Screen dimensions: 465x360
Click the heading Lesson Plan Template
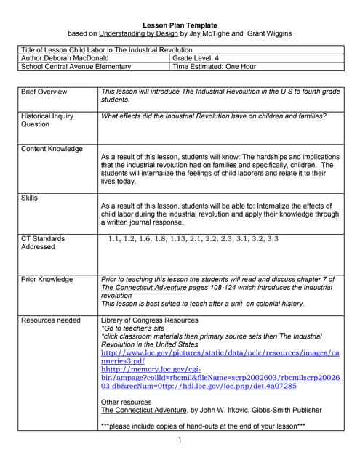pos(179,24)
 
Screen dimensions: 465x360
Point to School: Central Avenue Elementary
pos(76,67)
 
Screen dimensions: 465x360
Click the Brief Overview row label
pos(44,92)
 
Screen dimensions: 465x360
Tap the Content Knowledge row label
pos(52,149)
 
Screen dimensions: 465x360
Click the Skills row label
pos(30,198)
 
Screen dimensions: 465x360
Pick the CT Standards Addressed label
pos(43,243)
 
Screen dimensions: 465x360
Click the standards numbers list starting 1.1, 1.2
pos(193,238)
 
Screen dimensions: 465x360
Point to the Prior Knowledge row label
pos(47,279)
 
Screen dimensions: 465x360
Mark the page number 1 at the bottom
pos(179,440)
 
